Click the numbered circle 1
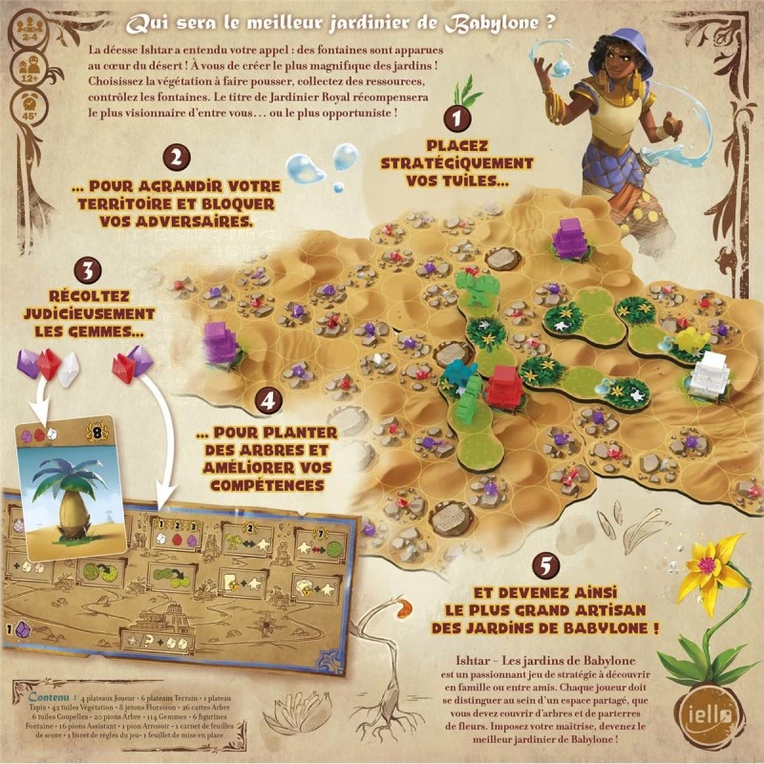point(458,119)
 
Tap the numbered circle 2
point(174,158)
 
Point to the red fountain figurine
point(500,383)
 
